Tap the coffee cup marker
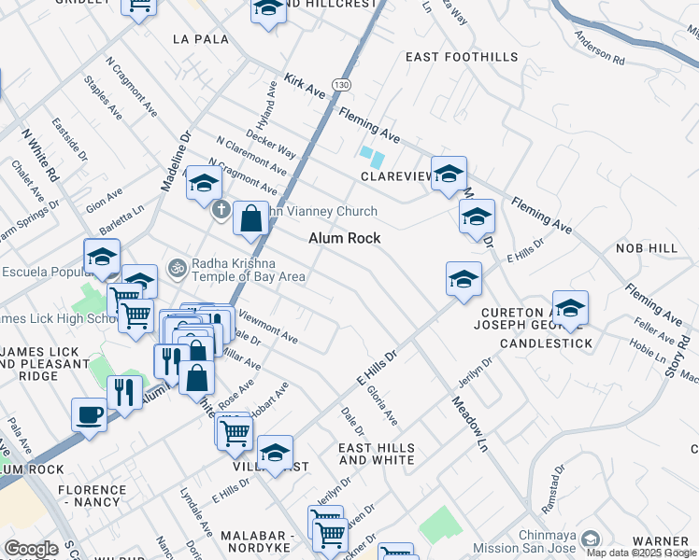click(x=90, y=414)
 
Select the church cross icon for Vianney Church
click(x=221, y=208)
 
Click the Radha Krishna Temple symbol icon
click(x=176, y=269)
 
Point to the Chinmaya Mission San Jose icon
click(x=590, y=539)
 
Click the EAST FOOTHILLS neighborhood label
click(x=462, y=57)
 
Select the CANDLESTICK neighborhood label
click(x=546, y=343)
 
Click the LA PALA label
click(x=200, y=39)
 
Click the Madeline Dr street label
click(x=175, y=161)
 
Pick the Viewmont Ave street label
click(x=268, y=326)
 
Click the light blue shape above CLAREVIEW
click(x=371, y=156)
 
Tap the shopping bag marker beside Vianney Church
click(x=250, y=219)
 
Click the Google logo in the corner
click(x=31, y=548)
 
